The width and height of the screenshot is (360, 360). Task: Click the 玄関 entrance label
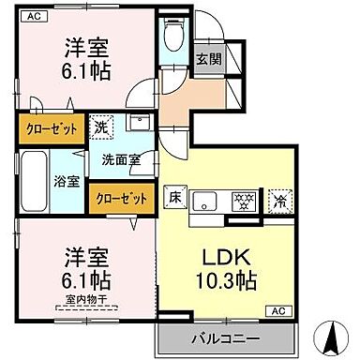209,58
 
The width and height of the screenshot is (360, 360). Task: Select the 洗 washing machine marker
100,123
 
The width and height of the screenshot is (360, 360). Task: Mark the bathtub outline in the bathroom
32,178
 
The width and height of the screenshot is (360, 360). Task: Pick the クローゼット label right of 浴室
121,198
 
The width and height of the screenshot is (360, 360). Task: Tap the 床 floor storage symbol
174,197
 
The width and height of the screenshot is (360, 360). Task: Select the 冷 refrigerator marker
278,199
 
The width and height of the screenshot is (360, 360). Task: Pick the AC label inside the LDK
277,309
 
